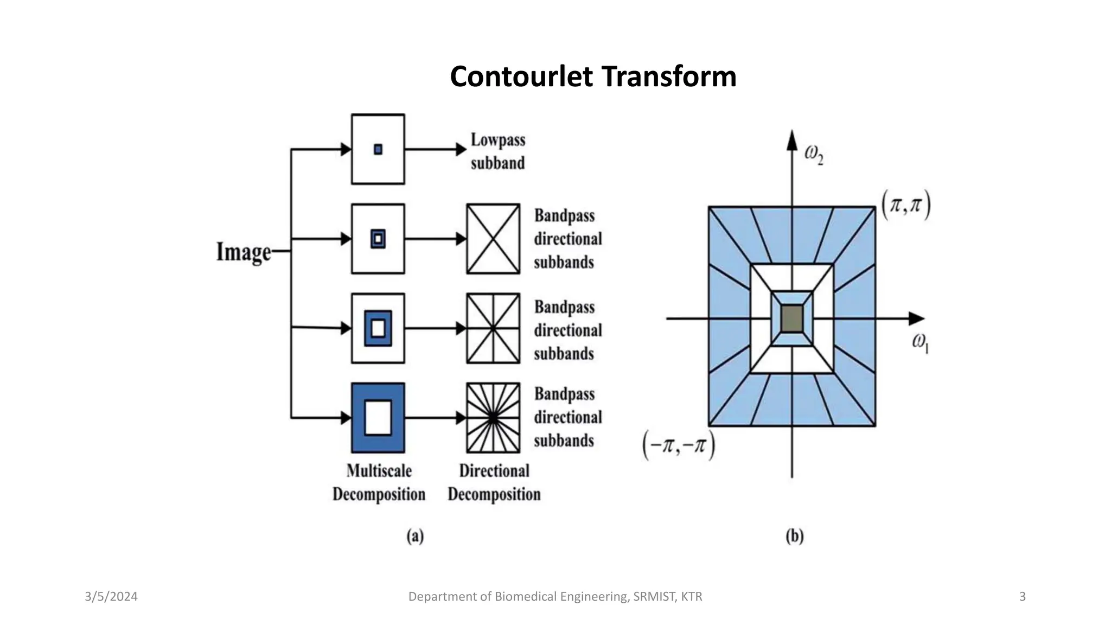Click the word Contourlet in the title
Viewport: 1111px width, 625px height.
coord(522,76)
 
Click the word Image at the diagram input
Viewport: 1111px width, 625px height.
coord(244,252)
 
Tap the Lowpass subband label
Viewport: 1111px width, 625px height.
coord(497,151)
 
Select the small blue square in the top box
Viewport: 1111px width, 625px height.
coord(378,149)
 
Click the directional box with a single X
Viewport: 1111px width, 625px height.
coord(493,239)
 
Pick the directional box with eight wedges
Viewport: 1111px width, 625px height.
coord(493,328)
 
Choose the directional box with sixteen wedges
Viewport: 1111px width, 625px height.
coord(493,418)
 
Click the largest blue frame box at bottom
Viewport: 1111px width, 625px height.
coord(378,418)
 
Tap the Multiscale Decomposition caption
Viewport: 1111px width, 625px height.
coord(379,482)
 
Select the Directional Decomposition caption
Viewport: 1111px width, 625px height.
coord(494,482)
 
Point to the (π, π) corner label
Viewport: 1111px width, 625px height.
coord(905,206)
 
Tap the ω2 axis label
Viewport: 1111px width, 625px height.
coord(813,155)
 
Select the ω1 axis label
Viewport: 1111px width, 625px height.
coord(920,343)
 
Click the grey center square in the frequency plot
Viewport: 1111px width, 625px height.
coord(792,318)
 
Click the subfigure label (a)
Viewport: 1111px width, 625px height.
coord(415,536)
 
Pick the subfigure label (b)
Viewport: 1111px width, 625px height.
coord(794,536)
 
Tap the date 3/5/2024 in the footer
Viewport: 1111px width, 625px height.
coord(111,597)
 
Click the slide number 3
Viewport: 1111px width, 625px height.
coord(1022,597)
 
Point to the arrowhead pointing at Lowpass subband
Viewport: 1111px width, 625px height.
coord(461,149)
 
